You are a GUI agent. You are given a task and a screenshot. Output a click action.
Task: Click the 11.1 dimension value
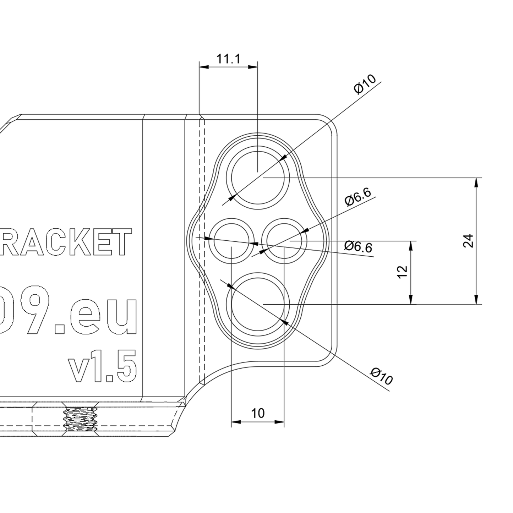[x=228, y=59]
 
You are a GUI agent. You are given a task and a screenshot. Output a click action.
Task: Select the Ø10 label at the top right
[x=365, y=84]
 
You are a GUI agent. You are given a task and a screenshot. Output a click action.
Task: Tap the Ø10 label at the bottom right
[x=382, y=377]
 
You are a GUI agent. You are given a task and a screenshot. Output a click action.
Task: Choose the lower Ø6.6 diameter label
[x=359, y=246]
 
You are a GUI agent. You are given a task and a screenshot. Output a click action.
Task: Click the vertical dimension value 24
[x=469, y=241]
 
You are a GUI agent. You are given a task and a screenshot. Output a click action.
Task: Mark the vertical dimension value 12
[x=402, y=272]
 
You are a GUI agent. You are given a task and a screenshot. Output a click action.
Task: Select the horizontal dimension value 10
[x=258, y=413]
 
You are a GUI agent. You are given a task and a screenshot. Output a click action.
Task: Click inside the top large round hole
[x=258, y=177]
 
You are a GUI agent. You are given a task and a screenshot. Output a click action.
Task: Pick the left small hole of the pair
[x=231, y=241]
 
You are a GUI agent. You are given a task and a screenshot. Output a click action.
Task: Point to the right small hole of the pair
[x=284, y=241]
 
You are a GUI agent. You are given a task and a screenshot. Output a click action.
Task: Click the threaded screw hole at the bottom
[x=81, y=419]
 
